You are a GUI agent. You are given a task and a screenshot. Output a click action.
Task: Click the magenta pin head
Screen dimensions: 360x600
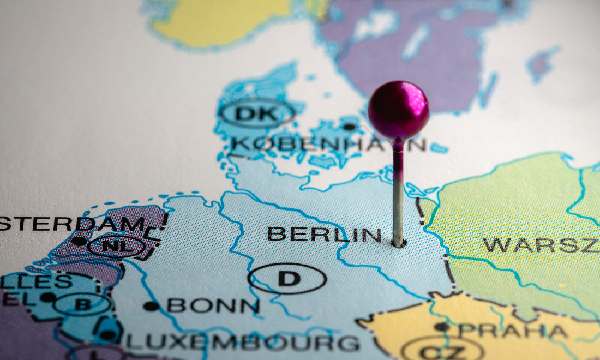tap(398, 110)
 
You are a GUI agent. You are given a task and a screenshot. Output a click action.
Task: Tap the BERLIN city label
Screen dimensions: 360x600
tap(324, 235)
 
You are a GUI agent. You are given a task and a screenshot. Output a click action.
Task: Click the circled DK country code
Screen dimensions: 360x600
tap(256, 114)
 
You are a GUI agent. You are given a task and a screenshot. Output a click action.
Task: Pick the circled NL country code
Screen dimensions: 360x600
tap(117, 247)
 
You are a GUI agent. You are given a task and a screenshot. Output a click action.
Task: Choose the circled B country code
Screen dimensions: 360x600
tap(83, 304)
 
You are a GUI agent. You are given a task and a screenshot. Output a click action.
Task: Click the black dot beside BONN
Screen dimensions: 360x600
tap(151, 306)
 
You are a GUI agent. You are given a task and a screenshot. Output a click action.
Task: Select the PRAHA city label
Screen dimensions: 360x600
tap(513, 331)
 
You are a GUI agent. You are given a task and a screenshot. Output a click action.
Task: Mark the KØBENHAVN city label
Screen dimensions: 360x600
tap(327, 144)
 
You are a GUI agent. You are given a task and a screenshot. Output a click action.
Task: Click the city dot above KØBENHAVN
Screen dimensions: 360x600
tap(349, 127)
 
